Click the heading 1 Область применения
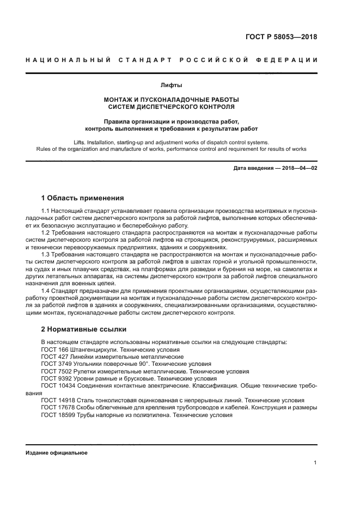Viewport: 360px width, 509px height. tap(83, 198)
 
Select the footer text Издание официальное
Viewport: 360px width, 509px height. tap(56, 452)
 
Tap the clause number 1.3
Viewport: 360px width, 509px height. tap(46, 254)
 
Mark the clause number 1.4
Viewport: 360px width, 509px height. tap(46, 291)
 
